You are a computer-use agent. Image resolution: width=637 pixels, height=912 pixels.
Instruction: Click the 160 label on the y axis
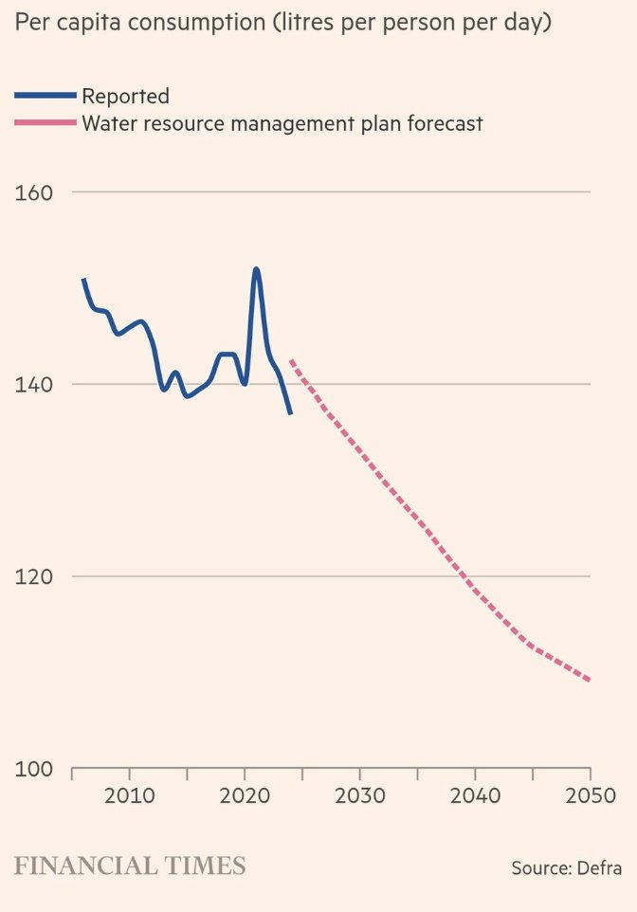tap(33, 192)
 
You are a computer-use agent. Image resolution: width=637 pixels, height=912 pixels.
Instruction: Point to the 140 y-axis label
tap(33, 385)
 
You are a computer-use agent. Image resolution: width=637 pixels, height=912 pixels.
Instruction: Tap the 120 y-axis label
tap(33, 576)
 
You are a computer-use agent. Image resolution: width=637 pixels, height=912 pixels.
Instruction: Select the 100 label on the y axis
tap(33, 769)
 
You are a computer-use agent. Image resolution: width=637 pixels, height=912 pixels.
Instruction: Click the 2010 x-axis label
tap(130, 794)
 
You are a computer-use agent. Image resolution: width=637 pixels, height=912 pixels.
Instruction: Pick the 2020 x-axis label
tap(245, 794)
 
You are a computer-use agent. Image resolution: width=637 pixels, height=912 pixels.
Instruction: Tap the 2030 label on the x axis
tap(360, 794)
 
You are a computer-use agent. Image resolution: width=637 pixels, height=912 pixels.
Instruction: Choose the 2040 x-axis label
tap(475, 794)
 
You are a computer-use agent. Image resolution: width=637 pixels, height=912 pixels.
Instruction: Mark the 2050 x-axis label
tap(590, 794)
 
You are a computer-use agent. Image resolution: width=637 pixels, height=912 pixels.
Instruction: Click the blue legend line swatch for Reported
tap(45, 96)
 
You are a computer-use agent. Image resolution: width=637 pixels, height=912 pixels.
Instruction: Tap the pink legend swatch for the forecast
tap(45, 123)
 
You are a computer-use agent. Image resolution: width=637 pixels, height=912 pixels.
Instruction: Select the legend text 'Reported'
tap(125, 96)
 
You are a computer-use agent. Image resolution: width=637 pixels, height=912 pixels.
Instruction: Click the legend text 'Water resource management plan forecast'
tap(282, 123)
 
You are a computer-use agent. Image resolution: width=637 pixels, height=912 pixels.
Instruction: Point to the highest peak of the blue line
tap(256, 269)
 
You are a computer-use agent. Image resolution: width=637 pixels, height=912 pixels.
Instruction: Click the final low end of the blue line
tap(290, 413)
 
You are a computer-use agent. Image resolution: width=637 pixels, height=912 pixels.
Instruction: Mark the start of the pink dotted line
tap(291, 361)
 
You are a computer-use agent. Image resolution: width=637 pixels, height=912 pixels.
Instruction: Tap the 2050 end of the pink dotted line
tap(589, 680)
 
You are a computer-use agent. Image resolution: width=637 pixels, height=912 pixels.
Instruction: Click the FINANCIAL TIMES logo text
tap(130, 866)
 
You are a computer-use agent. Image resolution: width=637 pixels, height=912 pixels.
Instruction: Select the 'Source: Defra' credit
tap(566, 867)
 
